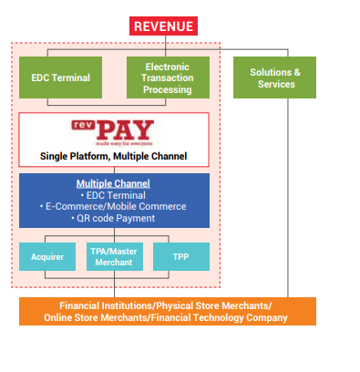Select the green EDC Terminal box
pyautogui.click(x=61, y=77)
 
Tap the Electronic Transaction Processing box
pyautogui.click(x=167, y=77)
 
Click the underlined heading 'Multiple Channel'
pyautogui.click(x=113, y=183)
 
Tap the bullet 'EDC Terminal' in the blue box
pyautogui.click(x=114, y=195)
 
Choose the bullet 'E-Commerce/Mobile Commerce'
pyautogui.click(x=114, y=207)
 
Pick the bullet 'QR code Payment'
pyautogui.click(x=114, y=219)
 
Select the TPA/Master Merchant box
pyautogui.click(x=114, y=256)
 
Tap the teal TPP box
pyautogui.click(x=180, y=256)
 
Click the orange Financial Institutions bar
pyautogui.click(x=167, y=311)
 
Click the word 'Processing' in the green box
pyautogui.click(x=167, y=89)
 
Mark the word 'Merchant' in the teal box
pyautogui.click(x=114, y=263)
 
